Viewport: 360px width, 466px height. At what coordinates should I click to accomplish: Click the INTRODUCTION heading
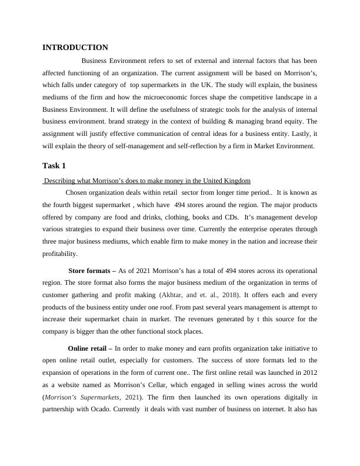coord(75,47)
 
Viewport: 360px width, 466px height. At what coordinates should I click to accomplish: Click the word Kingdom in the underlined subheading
coord(236,180)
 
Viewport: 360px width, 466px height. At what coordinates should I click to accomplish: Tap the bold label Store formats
coord(92,271)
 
